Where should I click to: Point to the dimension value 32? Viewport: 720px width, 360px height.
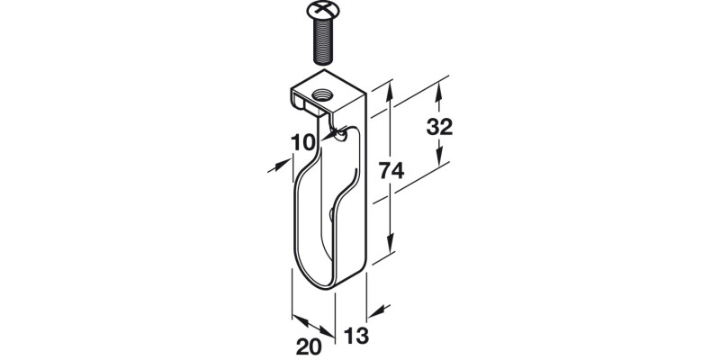pos(438,126)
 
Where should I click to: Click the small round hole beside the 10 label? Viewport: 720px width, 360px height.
pos(338,134)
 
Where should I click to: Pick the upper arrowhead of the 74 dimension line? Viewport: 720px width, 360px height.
pos(390,91)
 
